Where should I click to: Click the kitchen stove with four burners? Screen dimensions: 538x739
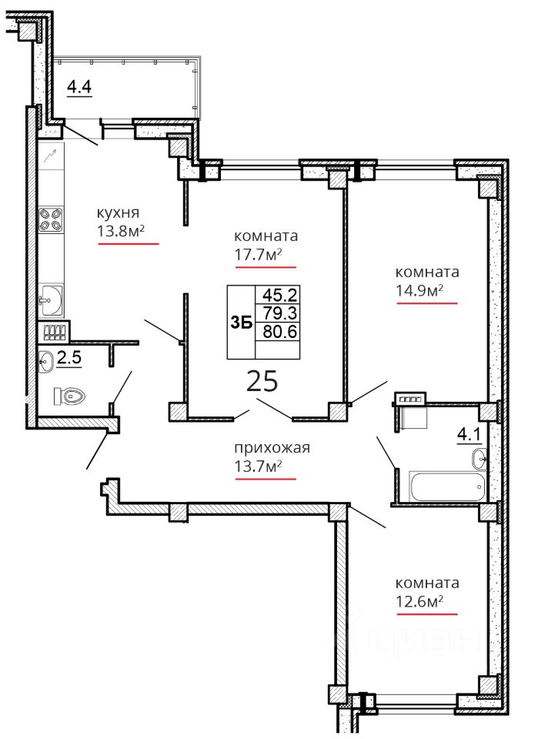pos(51,220)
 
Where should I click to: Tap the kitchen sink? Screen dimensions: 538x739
pos(51,299)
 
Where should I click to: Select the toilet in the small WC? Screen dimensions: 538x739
pos(69,396)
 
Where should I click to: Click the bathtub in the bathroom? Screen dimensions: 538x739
pos(447,487)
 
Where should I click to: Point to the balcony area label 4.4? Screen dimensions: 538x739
pos(79,87)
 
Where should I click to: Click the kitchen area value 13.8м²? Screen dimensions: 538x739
pos(120,231)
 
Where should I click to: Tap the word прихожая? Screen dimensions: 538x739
pos(272,447)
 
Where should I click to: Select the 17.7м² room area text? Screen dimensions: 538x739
pos(258,255)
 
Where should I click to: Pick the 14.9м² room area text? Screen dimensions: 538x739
pos(419,290)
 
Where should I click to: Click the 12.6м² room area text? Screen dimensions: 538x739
pos(419,601)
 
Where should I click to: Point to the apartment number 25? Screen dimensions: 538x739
pos(262,381)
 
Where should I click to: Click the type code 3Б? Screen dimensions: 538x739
pos(241,323)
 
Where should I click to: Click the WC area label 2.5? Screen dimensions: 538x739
pos(69,357)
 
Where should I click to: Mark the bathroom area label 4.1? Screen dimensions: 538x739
pos(469,434)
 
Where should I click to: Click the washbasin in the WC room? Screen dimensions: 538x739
pos(46,362)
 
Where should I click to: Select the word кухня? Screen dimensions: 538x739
pos(118,212)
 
